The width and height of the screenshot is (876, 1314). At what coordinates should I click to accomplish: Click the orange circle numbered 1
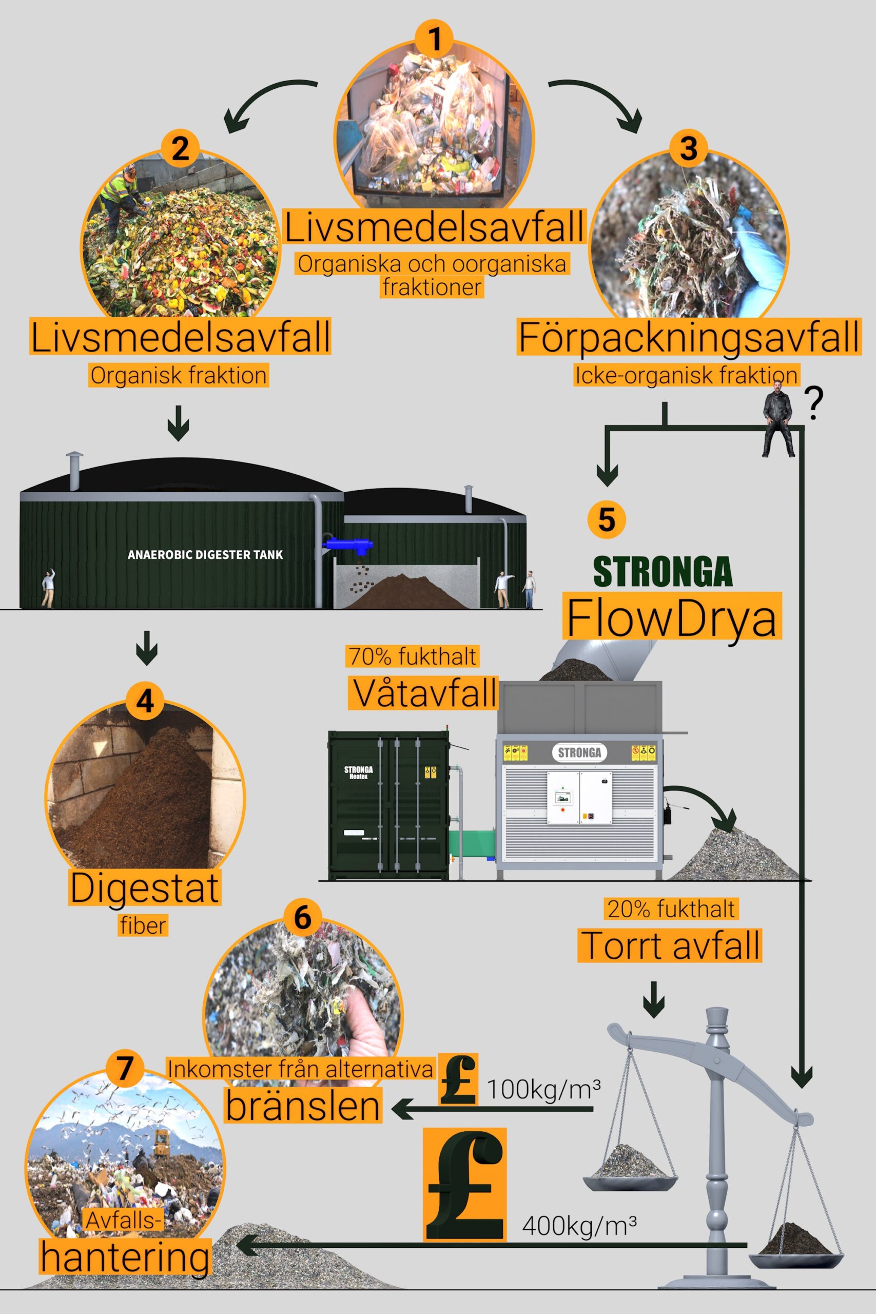click(x=434, y=40)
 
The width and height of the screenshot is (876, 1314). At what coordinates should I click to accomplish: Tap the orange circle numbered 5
click(x=607, y=519)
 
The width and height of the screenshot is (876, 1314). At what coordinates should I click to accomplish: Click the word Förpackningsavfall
click(x=689, y=337)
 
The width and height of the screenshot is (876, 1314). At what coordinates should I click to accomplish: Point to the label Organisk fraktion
click(x=179, y=375)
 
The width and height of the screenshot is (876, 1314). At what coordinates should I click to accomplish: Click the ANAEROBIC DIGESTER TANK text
click(x=205, y=555)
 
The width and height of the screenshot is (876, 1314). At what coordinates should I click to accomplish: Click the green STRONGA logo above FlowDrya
click(x=663, y=571)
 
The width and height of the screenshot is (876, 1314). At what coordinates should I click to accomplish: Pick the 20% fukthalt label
click(x=671, y=909)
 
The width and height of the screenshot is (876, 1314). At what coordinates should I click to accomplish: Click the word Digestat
click(x=145, y=888)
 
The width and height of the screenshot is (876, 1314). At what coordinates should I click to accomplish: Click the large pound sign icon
click(x=465, y=1184)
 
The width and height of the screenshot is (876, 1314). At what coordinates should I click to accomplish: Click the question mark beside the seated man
click(x=815, y=404)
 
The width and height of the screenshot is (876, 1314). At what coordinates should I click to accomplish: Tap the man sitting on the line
click(x=779, y=418)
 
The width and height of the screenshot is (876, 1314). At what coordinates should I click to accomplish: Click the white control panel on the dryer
click(x=579, y=798)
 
